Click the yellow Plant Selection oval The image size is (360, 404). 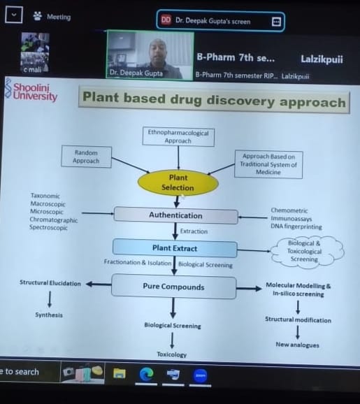pyautogui.click(x=178, y=182)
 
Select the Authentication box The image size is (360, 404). pyautogui.click(x=175, y=215)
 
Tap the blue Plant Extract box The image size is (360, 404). pyautogui.click(x=175, y=248)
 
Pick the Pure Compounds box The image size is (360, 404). pyautogui.click(x=173, y=287)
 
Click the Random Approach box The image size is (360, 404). pyautogui.click(x=86, y=157)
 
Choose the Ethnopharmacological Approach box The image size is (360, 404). pyautogui.click(x=178, y=136)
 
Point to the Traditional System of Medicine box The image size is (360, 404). pyautogui.click(x=268, y=164)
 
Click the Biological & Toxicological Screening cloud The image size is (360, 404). pyautogui.click(x=305, y=251)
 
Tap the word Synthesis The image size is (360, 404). pyautogui.click(x=49, y=315)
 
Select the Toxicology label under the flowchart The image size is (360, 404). pyautogui.click(x=172, y=354)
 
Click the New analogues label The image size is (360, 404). pyautogui.click(x=297, y=345)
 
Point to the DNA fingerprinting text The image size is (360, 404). pyautogui.click(x=296, y=226)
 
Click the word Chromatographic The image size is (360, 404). pyautogui.click(x=54, y=219)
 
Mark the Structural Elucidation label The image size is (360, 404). pyautogui.click(x=50, y=283)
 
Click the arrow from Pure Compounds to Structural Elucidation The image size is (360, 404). pyautogui.click(x=99, y=284)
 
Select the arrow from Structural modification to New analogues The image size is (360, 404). pyautogui.click(x=298, y=333)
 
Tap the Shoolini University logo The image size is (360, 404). pyautogui.click(x=31, y=91)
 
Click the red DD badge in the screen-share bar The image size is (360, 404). pyautogui.click(x=166, y=20)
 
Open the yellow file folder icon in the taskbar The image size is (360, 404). pyautogui.click(x=120, y=373)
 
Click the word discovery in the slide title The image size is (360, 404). pyautogui.click(x=240, y=100)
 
